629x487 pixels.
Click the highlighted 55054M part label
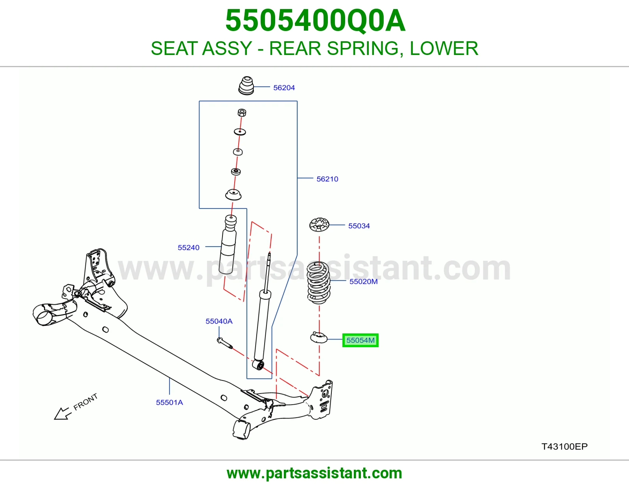pyautogui.click(x=360, y=340)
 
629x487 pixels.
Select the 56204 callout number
pyautogui.click(x=284, y=88)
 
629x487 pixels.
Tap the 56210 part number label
pyautogui.click(x=327, y=179)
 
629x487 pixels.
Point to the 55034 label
pyautogui.click(x=359, y=226)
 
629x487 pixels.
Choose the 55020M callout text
pyautogui.click(x=363, y=281)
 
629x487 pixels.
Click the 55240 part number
pyautogui.click(x=188, y=247)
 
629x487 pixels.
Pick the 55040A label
pyautogui.click(x=219, y=321)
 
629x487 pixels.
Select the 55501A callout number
pyautogui.click(x=169, y=402)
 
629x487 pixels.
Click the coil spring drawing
pyautogui.click(x=318, y=282)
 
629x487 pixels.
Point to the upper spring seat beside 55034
pyautogui.click(x=319, y=225)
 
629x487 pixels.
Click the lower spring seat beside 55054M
pyautogui.click(x=319, y=338)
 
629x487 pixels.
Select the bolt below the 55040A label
pyautogui.click(x=224, y=343)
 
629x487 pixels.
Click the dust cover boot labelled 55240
pyautogui.click(x=228, y=244)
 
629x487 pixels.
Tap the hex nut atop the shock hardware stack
pyautogui.click(x=242, y=112)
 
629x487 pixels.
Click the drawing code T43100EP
pyautogui.click(x=565, y=447)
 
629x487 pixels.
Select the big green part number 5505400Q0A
pyautogui.click(x=315, y=20)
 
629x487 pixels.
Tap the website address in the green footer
pyautogui.click(x=314, y=473)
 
